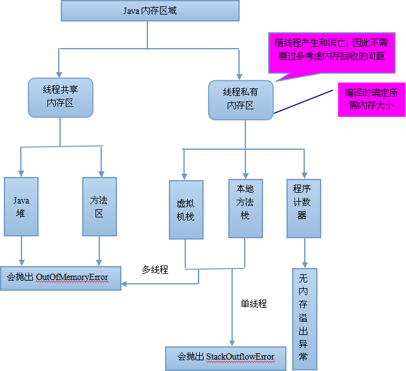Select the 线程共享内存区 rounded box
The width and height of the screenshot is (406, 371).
[61, 97]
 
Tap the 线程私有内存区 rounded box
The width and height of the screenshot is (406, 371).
[241, 99]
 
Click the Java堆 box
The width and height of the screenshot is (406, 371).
[22, 207]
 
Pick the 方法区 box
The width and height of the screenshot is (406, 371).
[99, 207]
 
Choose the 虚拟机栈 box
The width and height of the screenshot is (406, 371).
[186, 209]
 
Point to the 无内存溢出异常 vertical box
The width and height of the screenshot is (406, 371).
[304, 318]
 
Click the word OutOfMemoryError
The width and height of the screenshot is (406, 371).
[72, 277]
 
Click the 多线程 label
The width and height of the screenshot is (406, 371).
[155, 270]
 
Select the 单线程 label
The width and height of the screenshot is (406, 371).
[254, 304]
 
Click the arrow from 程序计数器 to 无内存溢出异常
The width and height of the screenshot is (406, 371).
[305, 253]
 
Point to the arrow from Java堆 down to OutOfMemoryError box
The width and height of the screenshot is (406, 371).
[23, 250]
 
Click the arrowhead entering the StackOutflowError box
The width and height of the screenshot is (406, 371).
[232, 341]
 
